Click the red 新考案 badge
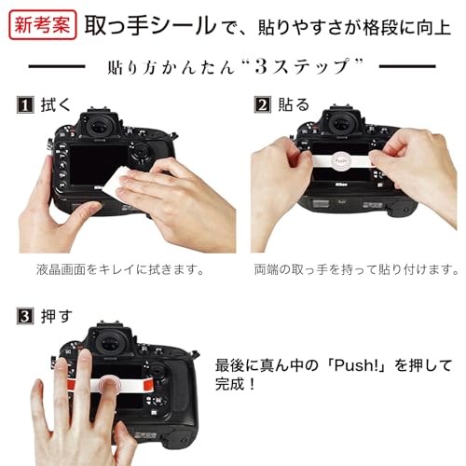point(43,25)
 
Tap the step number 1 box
point(25,104)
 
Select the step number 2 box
point(263,104)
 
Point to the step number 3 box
point(25,316)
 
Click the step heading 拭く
point(56,104)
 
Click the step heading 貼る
point(294,104)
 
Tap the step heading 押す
point(57,316)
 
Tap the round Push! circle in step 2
point(341,160)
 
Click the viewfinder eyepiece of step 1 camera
point(100,127)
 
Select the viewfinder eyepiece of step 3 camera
point(109,343)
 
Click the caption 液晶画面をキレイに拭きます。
point(120,269)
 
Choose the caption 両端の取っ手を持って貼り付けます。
point(356,269)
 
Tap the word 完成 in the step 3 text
point(230,384)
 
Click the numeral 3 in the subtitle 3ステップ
point(261,66)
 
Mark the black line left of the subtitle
point(57,66)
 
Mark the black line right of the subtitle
point(407,66)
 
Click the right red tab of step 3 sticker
point(147,384)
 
